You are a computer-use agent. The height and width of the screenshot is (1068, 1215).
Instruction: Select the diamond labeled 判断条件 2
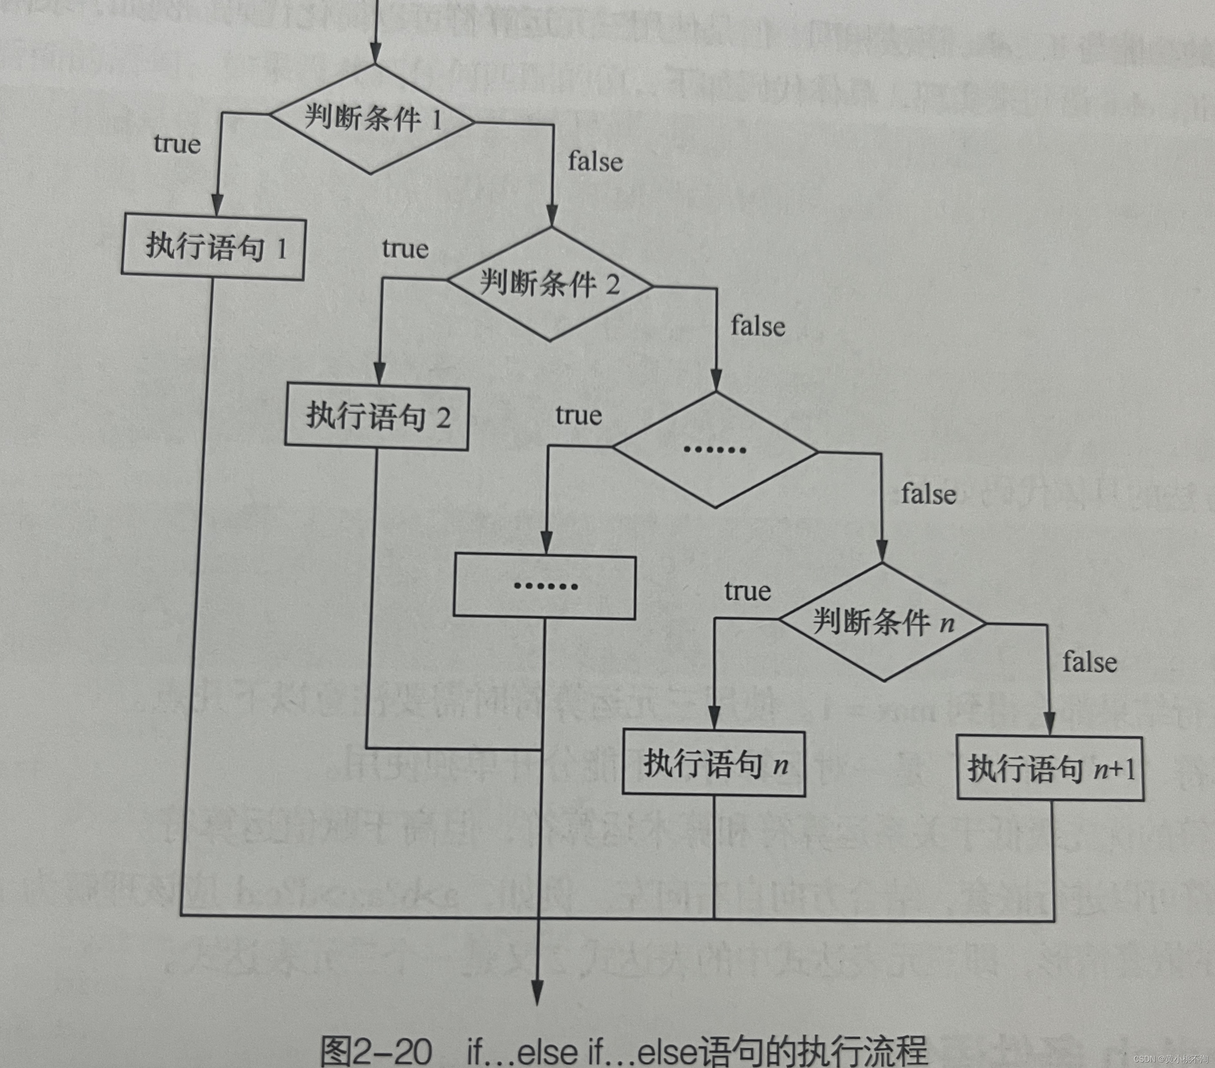[550, 284]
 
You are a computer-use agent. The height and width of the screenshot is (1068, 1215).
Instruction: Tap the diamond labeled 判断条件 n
[883, 622]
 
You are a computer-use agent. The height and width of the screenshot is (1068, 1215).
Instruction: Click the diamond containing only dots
[715, 450]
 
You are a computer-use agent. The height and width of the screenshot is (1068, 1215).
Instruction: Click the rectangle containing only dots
[545, 586]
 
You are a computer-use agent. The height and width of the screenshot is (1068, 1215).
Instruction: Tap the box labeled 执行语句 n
[714, 763]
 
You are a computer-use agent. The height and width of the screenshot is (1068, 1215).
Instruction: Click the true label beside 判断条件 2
[405, 249]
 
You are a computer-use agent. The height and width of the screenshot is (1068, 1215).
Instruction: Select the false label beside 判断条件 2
[758, 326]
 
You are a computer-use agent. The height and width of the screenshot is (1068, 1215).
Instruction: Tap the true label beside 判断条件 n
[747, 591]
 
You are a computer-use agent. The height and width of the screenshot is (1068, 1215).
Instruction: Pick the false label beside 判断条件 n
[1090, 662]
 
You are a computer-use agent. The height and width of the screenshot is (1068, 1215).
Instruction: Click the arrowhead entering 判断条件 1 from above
[375, 55]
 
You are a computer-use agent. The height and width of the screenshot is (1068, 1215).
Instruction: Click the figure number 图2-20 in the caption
[376, 1051]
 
